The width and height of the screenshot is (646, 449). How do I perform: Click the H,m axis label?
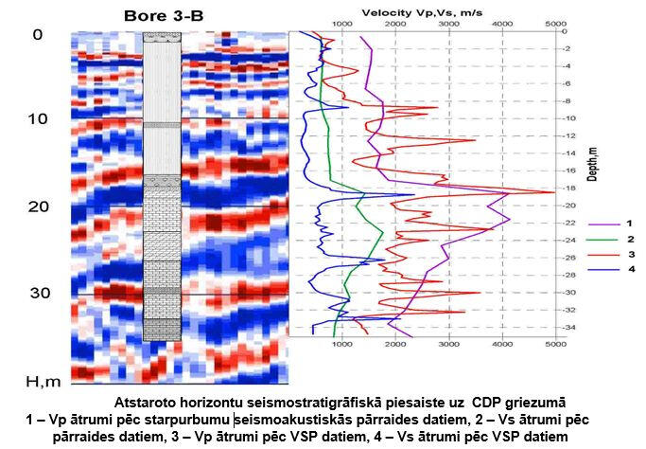coord(43,381)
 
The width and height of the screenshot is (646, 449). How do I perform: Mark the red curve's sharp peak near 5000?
coord(552,193)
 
